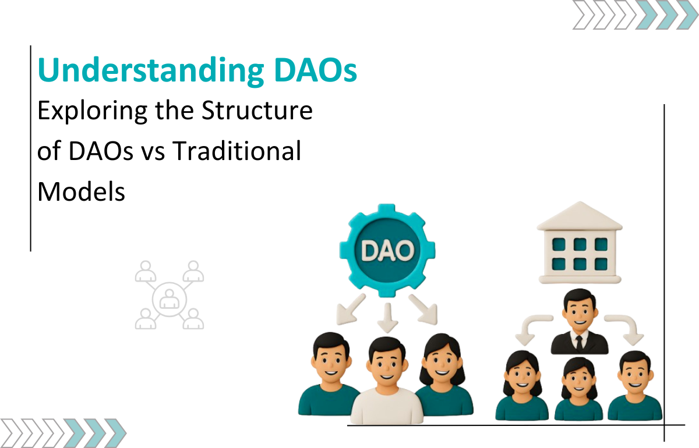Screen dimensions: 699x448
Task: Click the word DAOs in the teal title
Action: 316,70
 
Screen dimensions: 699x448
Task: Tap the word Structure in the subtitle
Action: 257,111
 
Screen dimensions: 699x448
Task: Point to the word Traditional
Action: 237,151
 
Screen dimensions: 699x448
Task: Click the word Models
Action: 81,191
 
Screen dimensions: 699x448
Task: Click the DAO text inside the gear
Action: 387,250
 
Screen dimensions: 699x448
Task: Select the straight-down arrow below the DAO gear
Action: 387,317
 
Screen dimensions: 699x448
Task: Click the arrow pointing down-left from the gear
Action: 351,310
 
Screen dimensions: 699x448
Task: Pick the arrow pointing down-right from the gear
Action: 423,310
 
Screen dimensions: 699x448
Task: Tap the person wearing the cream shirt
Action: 387,381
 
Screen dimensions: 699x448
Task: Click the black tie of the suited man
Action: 580,343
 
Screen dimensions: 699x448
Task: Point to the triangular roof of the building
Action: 580,216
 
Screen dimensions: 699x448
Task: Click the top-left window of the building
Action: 559,244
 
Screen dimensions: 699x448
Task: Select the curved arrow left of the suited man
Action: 532,328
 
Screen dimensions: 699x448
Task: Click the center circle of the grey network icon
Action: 170,299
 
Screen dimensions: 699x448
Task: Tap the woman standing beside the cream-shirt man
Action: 443,374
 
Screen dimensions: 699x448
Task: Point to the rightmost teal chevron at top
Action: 687,15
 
